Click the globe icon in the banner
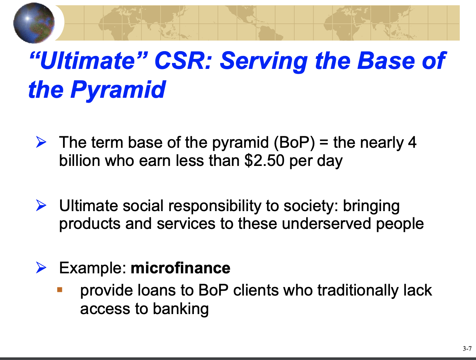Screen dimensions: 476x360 [x=34, y=23]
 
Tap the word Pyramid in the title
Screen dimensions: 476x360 [x=118, y=90]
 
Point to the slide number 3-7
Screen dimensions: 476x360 [x=467, y=349]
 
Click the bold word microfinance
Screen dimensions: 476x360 [x=181, y=268]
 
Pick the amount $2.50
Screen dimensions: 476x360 [x=264, y=161]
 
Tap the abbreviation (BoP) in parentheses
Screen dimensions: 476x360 [x=294, y=143]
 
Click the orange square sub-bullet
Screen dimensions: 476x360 [x=60, y=290]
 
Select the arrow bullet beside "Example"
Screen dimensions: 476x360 [x=41, y=268]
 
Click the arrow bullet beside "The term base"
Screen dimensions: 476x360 [x=41, y=142]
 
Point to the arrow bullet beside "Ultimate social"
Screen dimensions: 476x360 [x=41, y=205]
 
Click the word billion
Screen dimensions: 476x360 [x=79, y=160]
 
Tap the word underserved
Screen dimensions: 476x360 [x=326, y=224]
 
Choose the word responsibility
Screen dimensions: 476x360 [x=215, y=206]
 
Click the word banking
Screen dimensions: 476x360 [x=181, y=309]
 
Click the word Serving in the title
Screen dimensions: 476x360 [x=264, y=61]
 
